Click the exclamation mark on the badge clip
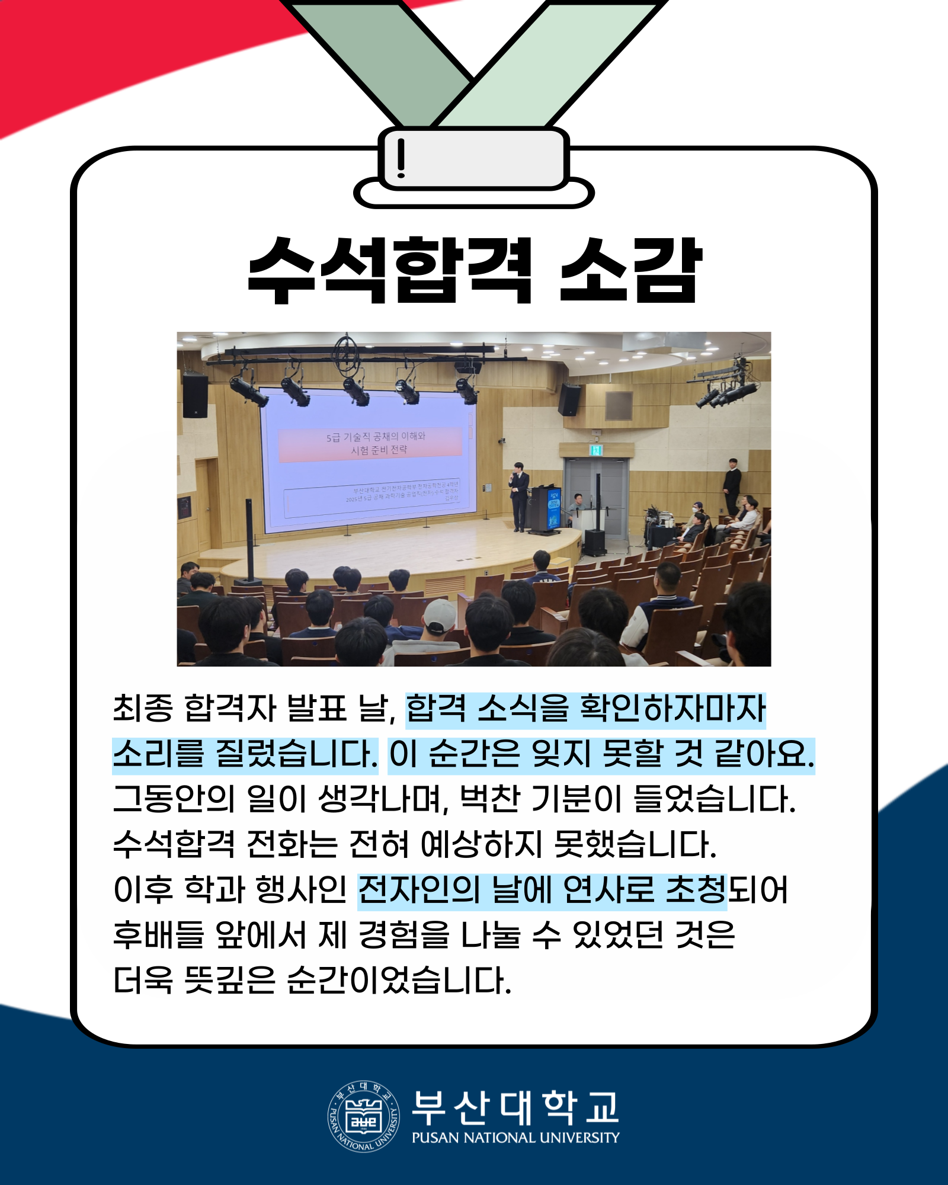click(401, 158)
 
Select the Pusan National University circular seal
click(363, 1116)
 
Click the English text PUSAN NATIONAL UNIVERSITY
click(515, 1138)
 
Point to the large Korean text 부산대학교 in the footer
click(515, 1107)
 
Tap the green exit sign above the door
click(595, 450)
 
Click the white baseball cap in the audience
click(440, 615)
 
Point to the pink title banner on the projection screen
click(371, 444)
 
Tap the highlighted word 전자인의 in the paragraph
click(418, 890)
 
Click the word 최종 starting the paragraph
click(143, 709)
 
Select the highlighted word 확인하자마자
click(672, 709)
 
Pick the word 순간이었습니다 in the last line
click(399, 981)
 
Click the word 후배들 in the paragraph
click(158, 936)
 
